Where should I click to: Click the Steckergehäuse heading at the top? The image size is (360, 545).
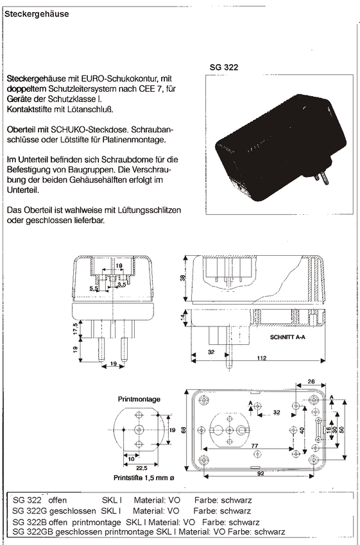[x=37, y=14]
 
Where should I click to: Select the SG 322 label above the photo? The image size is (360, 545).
[x=224, y=67]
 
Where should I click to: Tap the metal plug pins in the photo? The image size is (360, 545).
[x=322, y=178]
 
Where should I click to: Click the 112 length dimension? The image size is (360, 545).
[x=262, y=358]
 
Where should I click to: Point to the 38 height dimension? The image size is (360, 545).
[x=184, y=278]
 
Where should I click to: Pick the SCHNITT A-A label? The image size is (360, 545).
[x=287, y=337]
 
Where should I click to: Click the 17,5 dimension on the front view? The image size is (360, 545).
[x=76, y=328]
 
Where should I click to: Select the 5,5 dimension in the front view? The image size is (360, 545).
[x=94, y=289]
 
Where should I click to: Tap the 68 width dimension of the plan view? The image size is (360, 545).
[x=184, y=430]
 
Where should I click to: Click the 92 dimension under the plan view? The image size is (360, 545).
[x=261, y=473]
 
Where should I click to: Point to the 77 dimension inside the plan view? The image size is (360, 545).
[x=255, y=446]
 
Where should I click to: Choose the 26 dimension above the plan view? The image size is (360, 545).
[x=311, y=382]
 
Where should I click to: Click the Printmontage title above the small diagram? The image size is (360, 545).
[x=139, y=399]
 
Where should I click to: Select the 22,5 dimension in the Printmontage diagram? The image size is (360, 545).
[x=142, y=469]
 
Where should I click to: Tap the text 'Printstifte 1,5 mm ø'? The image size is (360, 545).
[x=144, y=478]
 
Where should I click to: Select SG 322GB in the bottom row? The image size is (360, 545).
[x=32, y=532]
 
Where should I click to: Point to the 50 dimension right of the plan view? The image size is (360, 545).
[x=341, y=430]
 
